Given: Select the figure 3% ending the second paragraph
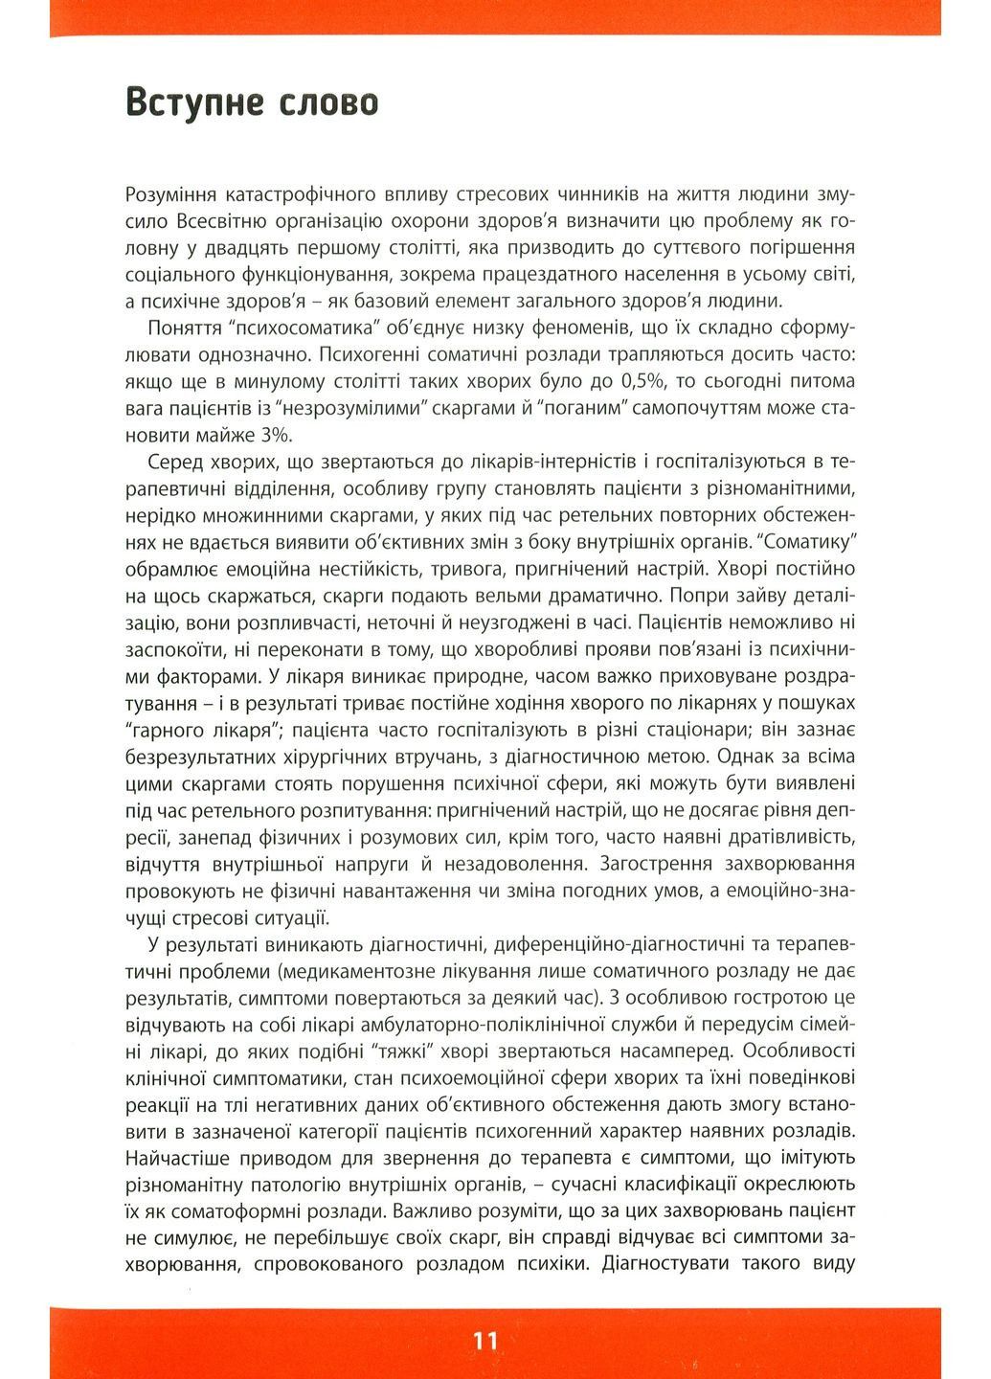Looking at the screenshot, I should pos(273,435).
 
